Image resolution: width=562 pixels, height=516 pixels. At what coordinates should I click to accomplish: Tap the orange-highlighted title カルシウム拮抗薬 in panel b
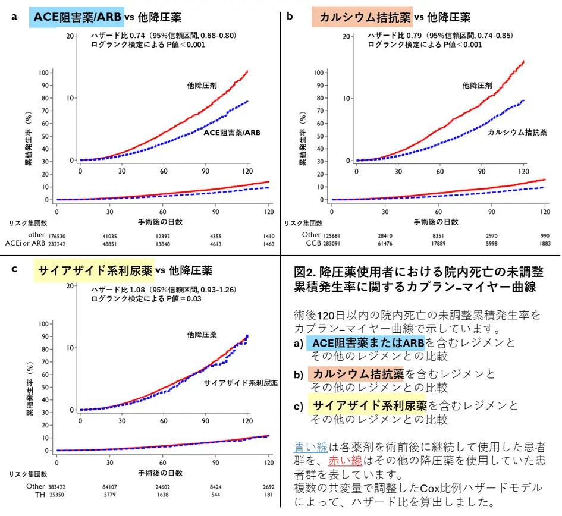click(x=362, y=17)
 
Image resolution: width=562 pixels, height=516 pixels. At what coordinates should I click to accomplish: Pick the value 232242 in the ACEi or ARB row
click(x=65, y=243)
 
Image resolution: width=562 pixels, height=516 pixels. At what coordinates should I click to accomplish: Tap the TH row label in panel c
click(x=40, y=495)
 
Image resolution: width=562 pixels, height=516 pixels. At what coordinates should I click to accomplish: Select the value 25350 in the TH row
click(x=65, y=495)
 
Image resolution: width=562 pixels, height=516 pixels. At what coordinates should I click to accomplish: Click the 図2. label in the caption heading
click(x=306, y=272)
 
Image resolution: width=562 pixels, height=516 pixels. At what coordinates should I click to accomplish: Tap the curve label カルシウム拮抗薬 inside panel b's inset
click(x=517, y=132)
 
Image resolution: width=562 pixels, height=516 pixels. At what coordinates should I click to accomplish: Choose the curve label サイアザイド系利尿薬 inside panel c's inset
click(x=241, y=383)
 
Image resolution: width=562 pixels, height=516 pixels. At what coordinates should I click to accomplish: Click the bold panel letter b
click(x=290, y=16)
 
